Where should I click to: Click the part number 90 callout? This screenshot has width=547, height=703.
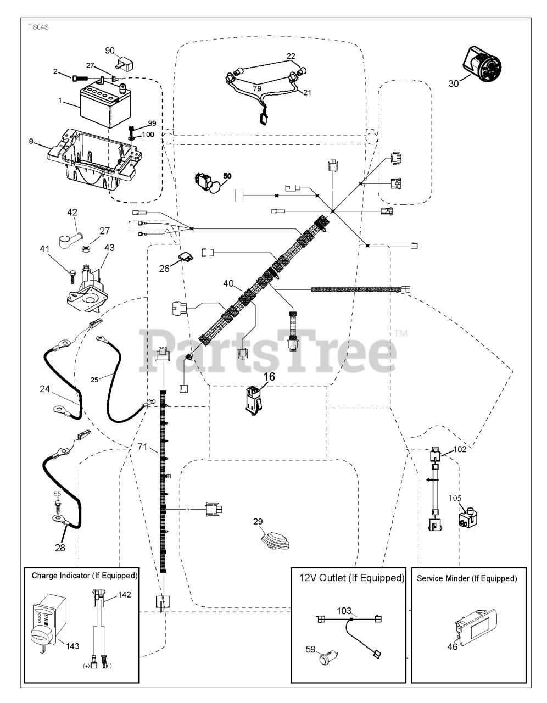click(x=109, y=51)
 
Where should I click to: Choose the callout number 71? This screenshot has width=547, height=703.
click(x=142, y=447)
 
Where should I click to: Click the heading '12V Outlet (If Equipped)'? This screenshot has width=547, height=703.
click(x=351, y=578)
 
